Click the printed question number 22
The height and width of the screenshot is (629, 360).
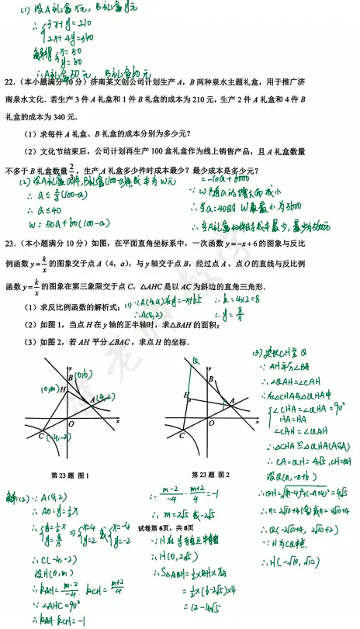pyautogui.click(x=10, y=81)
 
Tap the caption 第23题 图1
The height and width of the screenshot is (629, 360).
pyautogui.click(x=70, y=475)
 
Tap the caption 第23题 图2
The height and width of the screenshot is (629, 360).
pyautogui.click(x=210, y=474)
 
